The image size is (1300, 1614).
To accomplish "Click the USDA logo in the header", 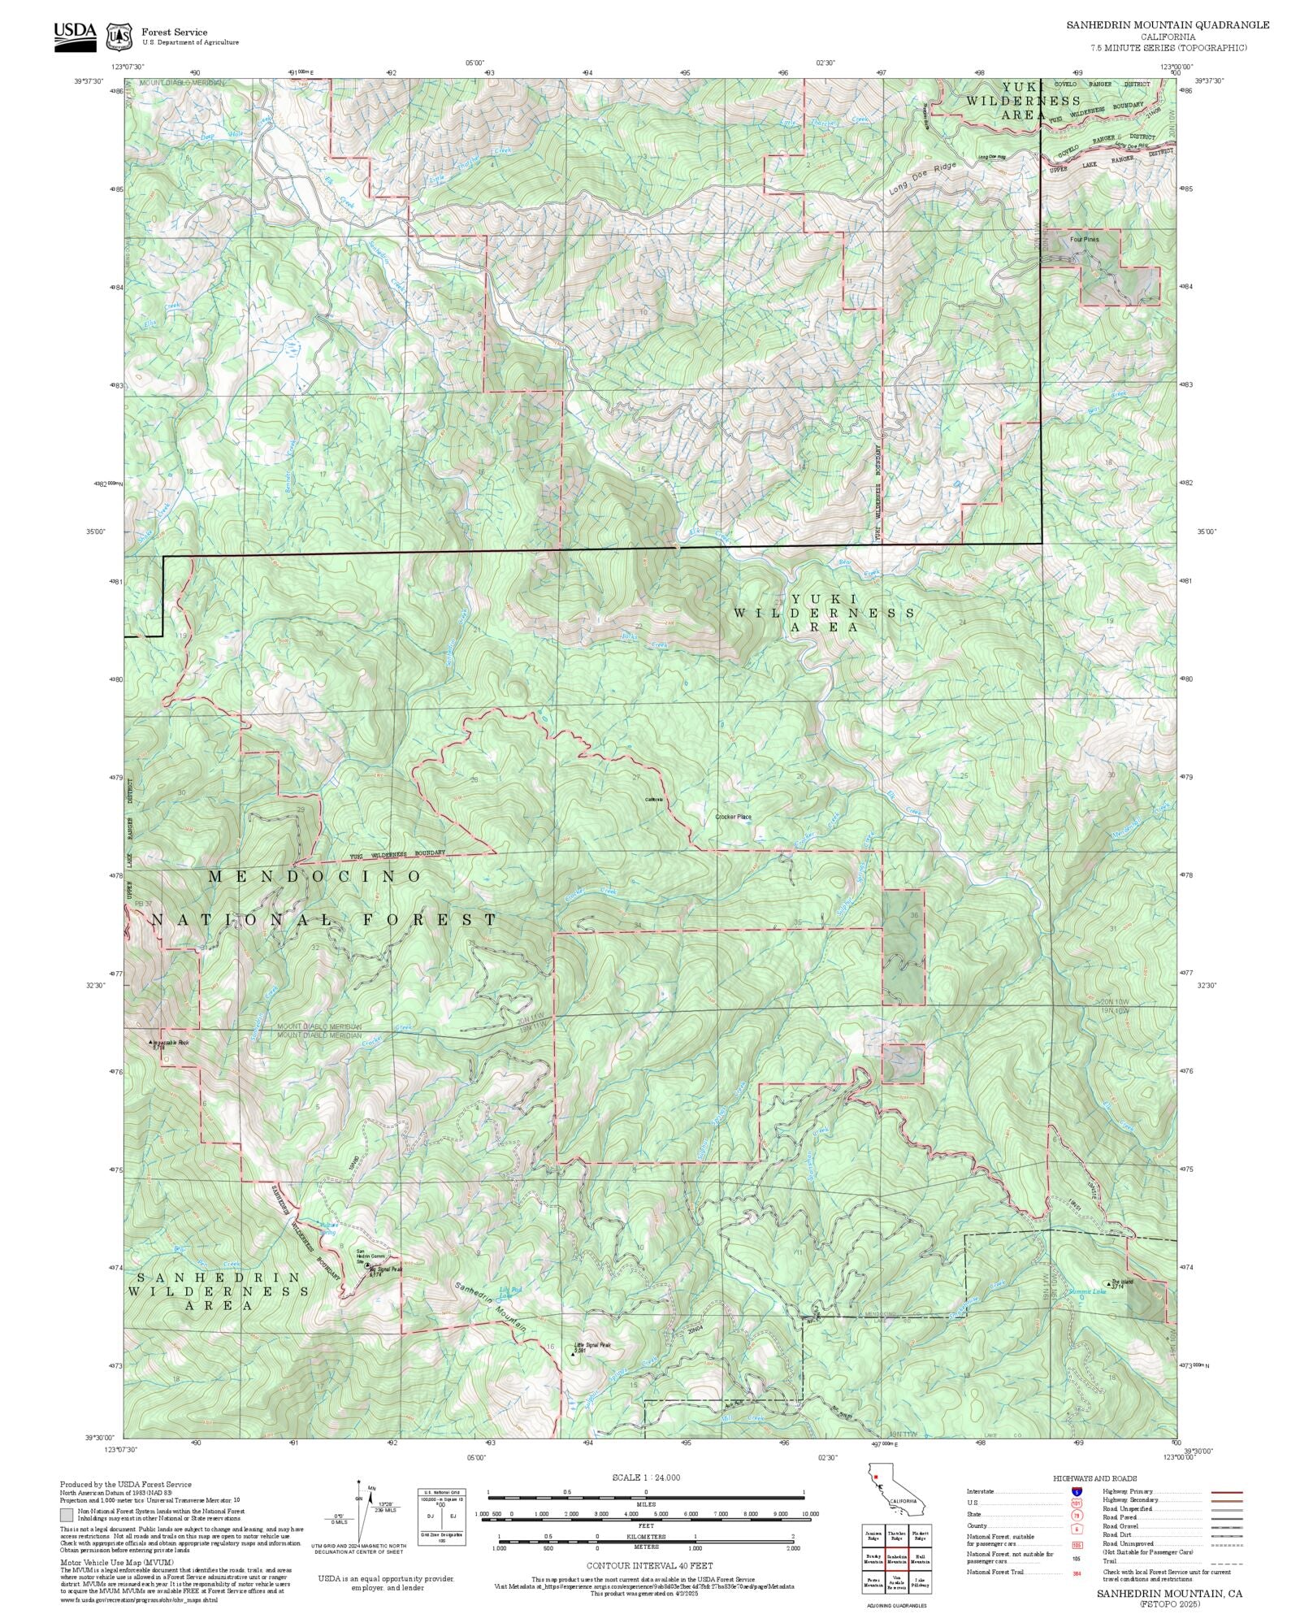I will tap(75, 36).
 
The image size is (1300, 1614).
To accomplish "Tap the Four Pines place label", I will tap(1084, 240).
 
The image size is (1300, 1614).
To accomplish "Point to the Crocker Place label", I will tap(733, 817).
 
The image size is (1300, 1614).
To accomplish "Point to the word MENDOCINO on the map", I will tap(315, 876).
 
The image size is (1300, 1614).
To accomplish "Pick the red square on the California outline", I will tap(876, 1477).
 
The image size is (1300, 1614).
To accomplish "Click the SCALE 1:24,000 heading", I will tap(646, 1477).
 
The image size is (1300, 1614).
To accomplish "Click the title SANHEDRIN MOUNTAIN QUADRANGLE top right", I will tap(1168, 25).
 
